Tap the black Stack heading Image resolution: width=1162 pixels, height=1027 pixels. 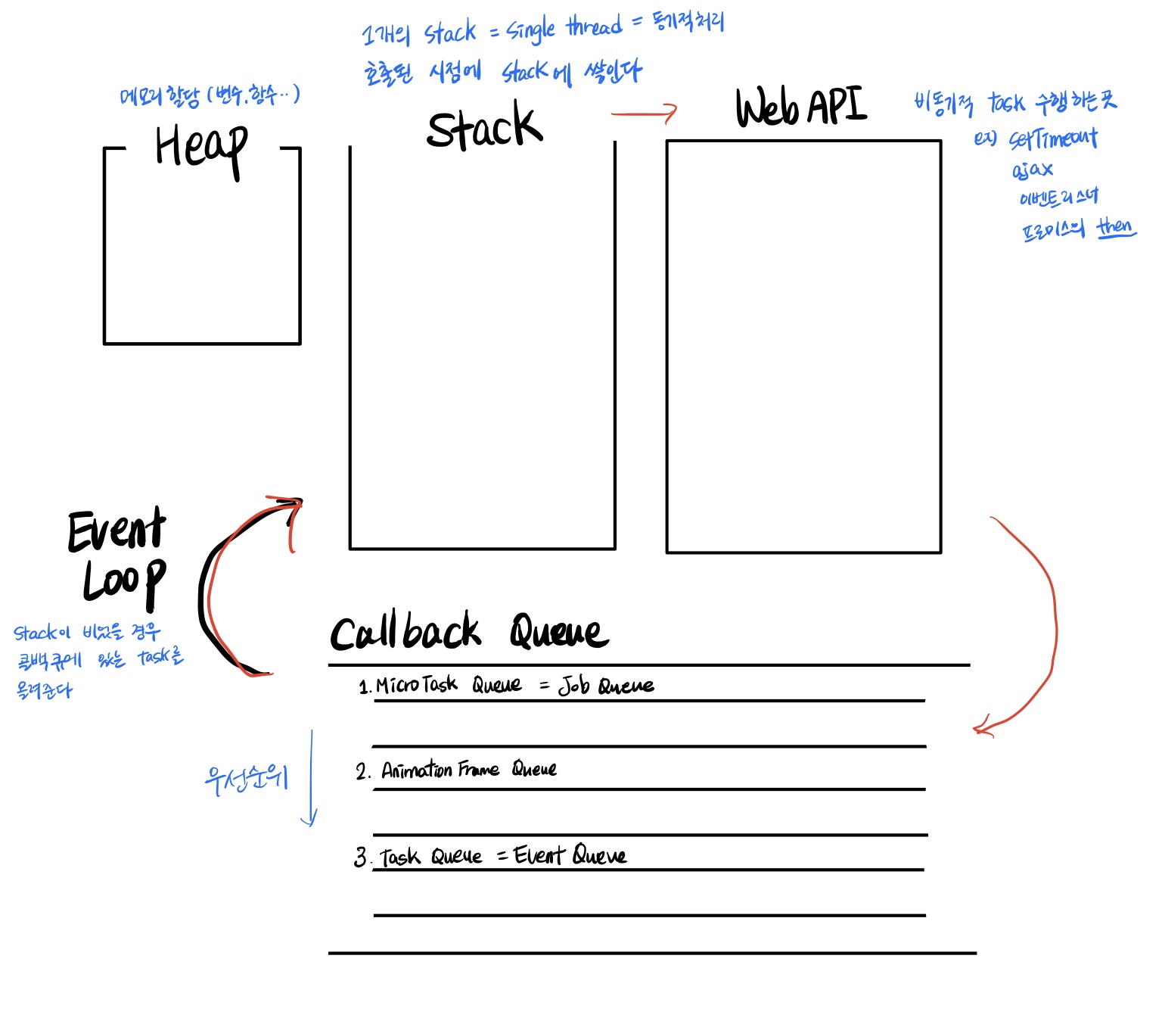[x=484, y=127]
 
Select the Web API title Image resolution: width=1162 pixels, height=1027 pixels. [x=800, y=107]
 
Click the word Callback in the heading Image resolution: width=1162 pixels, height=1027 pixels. [x=405, y=632]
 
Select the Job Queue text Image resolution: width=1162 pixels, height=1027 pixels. [x=606, y=686]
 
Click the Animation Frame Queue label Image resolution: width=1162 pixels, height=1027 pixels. [x=469, y=770]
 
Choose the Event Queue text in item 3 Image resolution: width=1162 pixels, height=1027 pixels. [x=570, y=855]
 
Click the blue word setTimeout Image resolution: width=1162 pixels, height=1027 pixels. [x=1052, y=138]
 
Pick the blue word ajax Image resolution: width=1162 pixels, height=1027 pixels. [x=1032, y=170]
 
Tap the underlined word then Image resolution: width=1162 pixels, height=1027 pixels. [x=1115, y=226]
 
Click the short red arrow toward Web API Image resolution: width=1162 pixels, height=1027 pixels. [x=644, y=114]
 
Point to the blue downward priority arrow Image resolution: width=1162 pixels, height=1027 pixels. [x=310, y=780]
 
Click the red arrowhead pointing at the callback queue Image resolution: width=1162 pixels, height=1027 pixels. [x=981, y=729]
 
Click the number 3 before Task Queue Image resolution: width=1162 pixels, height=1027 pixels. [x=361, y=857]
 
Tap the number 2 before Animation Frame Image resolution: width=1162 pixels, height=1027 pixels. [x=362, y=771]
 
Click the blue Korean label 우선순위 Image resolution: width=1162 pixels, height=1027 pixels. [x=246, y=778]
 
